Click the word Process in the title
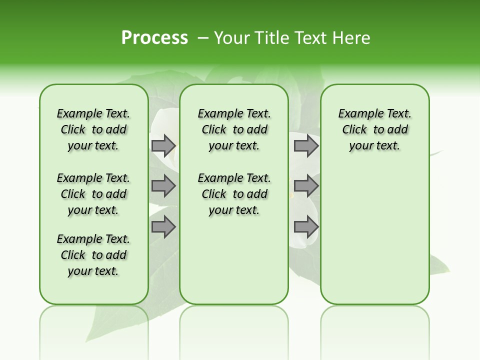click(x=154, y=38)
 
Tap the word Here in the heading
click(x=352, y=38)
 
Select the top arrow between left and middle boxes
click(x=163, y=146)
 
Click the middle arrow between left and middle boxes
click(x=163, y=186)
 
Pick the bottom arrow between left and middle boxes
click(x=163, y=227)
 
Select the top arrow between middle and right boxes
click(x=306, y=146)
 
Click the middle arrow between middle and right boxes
click(x=306, y=186)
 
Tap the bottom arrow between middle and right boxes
click(x=306, y=227)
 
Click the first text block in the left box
click(x=93, y=129)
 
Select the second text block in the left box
click(x=93, y=194)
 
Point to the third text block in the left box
click(x=93, y=255)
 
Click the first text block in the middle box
click(x=234, y=129)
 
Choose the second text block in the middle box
click(x=234, y=194)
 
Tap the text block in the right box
click(x=374, y=129)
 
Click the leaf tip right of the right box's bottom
click(x=445, y=270)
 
